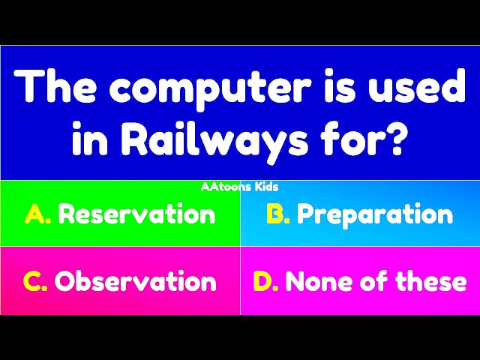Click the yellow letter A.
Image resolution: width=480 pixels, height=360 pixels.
click(x=36, y=215)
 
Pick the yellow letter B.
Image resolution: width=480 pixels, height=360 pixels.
click(x=277, y=215)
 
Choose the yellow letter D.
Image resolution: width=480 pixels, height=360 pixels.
click(x=265, y=282)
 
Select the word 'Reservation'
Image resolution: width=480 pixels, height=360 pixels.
click(x=136, y=215)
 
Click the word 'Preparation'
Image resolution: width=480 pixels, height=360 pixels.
click(x=375, y=215)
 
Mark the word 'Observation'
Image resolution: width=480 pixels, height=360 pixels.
click(x=136, y=282)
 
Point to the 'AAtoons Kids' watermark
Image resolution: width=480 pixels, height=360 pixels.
click(x=240, y=187)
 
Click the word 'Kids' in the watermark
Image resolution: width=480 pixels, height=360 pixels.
click(x=265, y=187)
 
